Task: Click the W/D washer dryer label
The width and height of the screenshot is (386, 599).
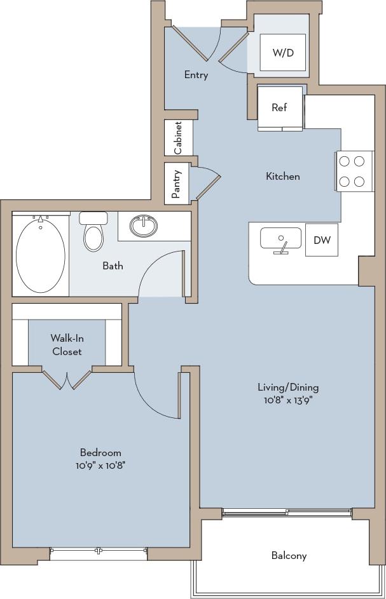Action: [284, 53]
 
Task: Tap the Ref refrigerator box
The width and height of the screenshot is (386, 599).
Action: [279, 107]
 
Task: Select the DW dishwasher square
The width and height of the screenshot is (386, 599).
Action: [321, 240]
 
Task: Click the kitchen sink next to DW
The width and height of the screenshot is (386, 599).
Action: [280, 240]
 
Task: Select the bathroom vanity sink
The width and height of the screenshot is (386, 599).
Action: [144, 225]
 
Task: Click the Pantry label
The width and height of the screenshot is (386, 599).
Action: [177, 184]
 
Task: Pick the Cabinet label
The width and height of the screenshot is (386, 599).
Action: [179, 138]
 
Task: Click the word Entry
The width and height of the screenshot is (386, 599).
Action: [196, 75]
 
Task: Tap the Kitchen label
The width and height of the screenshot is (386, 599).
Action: [282, 176]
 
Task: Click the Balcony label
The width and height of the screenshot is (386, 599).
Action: [289, 555]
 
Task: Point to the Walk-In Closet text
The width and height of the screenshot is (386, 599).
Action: [67, 345]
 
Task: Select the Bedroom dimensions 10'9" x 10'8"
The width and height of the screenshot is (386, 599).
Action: [100, 465]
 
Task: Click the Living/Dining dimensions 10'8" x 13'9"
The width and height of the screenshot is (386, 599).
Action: [288, 400]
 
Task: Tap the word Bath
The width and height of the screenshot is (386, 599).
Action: [113, 266]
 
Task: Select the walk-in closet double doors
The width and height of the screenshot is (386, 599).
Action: [67, 379]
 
